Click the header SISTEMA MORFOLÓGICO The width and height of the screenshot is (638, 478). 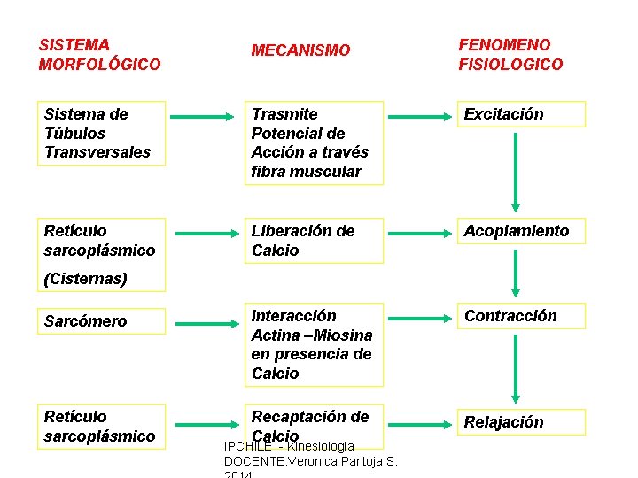coord(99,54)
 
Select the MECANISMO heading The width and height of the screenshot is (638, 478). coord(300,50)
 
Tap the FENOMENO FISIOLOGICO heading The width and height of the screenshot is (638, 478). coord(510,54)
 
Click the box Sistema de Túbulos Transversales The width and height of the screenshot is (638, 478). coord(104,133)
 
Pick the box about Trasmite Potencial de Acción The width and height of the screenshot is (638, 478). coord(315,143)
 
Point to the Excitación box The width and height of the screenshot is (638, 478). coord(520,114)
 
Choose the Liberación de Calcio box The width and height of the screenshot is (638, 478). coord(315,241)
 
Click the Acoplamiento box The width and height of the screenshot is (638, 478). coord(520,231)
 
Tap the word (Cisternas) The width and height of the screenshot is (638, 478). coord(85,279)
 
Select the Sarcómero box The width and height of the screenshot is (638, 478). coord(104,320)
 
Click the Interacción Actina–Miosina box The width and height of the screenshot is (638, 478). coord(315,344)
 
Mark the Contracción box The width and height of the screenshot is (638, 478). coord(520,316)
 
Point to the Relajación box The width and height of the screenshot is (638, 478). coord(520,422)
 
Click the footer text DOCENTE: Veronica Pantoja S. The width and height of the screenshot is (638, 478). coord(311,461)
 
